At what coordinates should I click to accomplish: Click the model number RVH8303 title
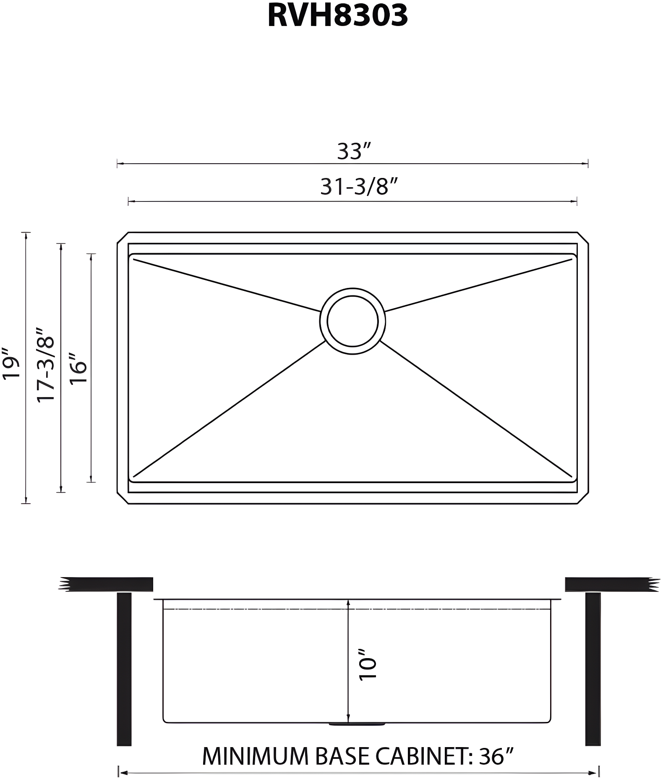(337, 16)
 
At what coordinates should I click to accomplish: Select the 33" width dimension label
(355, 151)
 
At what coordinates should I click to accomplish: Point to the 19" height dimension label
(11, 363)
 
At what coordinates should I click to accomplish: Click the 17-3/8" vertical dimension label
(46, 364)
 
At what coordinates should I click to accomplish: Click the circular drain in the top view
(352, 322)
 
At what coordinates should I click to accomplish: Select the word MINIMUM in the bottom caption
(255, 756)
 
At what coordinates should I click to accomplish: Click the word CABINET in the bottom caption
(424, 756)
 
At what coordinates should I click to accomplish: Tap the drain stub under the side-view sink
(357, 724)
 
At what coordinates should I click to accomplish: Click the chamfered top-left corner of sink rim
(122, 237)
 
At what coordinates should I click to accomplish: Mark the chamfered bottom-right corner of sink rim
(583, 498)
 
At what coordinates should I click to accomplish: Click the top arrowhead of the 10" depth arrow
(348, 603)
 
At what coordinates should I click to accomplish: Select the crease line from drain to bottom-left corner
(229, 410)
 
